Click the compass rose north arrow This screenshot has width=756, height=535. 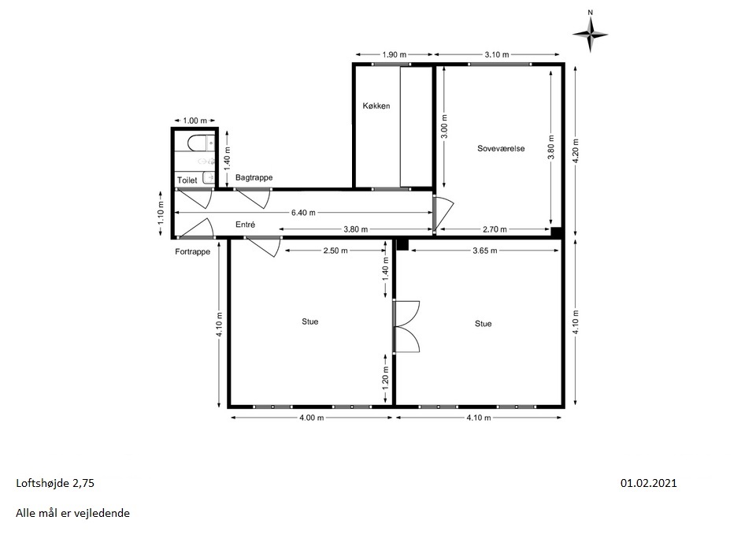pos(590,34)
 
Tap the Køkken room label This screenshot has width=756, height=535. pos(376,106)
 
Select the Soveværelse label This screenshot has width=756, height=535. pos(501,149)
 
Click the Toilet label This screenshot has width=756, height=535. pos(187,180)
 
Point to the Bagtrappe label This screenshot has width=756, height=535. pos(254,177)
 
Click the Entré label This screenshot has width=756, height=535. pos(245,225)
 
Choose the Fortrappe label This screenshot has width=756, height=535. pos(192,251)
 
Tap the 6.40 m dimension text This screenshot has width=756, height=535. pos(303,212)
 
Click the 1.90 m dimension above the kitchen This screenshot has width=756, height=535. pos(395,54)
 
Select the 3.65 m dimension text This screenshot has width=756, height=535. pos(484,251)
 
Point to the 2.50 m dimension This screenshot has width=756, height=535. pos(335,251)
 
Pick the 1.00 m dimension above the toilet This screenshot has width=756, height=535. pos(195,121)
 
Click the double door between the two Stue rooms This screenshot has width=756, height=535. pos(406,327)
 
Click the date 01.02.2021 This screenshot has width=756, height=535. pos(648,483)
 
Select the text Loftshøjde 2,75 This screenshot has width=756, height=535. pos(55,483)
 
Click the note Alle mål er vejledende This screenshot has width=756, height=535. pos(72,513)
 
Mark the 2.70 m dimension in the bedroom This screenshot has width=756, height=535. pos(495,229)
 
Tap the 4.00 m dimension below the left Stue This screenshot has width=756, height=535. pos(312,418)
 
